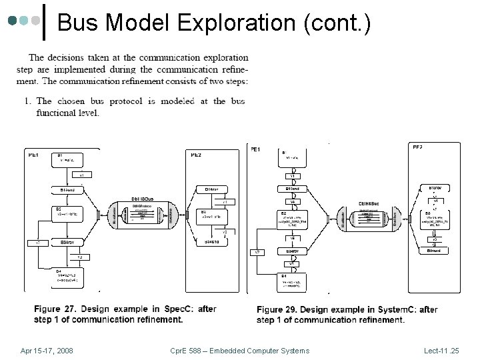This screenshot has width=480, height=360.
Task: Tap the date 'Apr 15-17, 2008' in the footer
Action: point(47,350)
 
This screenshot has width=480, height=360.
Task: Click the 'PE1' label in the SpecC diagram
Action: point(33,154)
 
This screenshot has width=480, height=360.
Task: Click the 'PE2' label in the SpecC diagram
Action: point(197,154)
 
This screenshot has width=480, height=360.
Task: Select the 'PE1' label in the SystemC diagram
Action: point(255,149)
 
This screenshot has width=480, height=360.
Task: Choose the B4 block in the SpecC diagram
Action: point(70,275)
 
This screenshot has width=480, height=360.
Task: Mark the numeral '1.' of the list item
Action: point(28,101)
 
